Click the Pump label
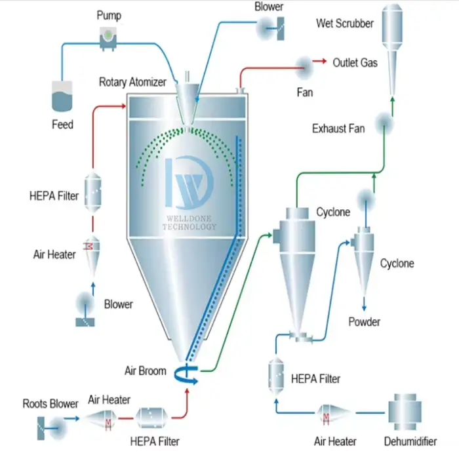tap(108, 14)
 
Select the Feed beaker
tap(62, 96)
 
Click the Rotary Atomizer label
tap(132, 82)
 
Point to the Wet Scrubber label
tap(345, 24)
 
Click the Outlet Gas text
tap(355, 63)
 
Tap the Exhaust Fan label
tap(338, 129)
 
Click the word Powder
tap(364, 322)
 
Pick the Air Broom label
tap(145, 370)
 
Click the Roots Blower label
tap(50, 403)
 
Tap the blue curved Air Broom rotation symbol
tap(187, 374)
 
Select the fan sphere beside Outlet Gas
tap(305, 63)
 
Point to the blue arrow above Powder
tap(364, 304)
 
